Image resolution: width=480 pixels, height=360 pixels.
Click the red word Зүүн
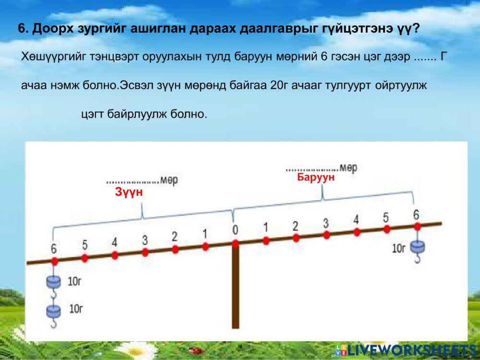(129, 192)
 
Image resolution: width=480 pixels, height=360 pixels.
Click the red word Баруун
(315, 178)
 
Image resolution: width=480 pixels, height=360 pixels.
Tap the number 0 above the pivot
(235, 230)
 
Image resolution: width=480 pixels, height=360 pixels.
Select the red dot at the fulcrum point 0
(235, 243)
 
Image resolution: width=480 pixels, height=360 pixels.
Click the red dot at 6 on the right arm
(417, 226)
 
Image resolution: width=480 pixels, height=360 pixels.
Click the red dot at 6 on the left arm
(54, 261)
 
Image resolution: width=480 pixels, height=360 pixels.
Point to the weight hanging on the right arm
(417, 248)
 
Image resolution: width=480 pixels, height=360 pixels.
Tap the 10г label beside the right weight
(399, 248)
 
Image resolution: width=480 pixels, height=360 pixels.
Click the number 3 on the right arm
(326, 223)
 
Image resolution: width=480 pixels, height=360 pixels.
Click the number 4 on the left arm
(114, 242)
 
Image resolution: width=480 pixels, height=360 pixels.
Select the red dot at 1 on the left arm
(205, 246)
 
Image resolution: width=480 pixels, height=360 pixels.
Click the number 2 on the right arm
(295, 226)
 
